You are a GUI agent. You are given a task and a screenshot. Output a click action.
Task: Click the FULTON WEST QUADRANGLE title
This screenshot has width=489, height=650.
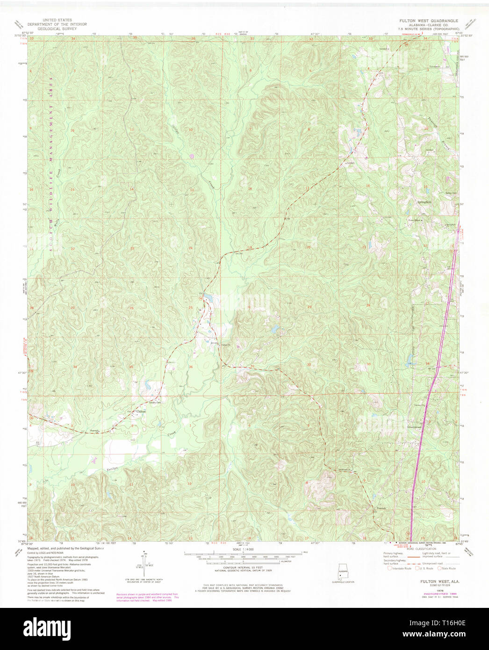click(428, 21)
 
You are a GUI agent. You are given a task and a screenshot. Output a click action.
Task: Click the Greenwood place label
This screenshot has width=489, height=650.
click(414, 427)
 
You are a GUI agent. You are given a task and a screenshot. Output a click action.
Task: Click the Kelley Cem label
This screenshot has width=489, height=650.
click(450, 194)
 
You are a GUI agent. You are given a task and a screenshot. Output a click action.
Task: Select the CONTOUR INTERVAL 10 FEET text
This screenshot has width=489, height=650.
click(243, 568)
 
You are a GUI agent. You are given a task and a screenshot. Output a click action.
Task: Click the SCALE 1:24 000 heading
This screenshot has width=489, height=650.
click(244, 549)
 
